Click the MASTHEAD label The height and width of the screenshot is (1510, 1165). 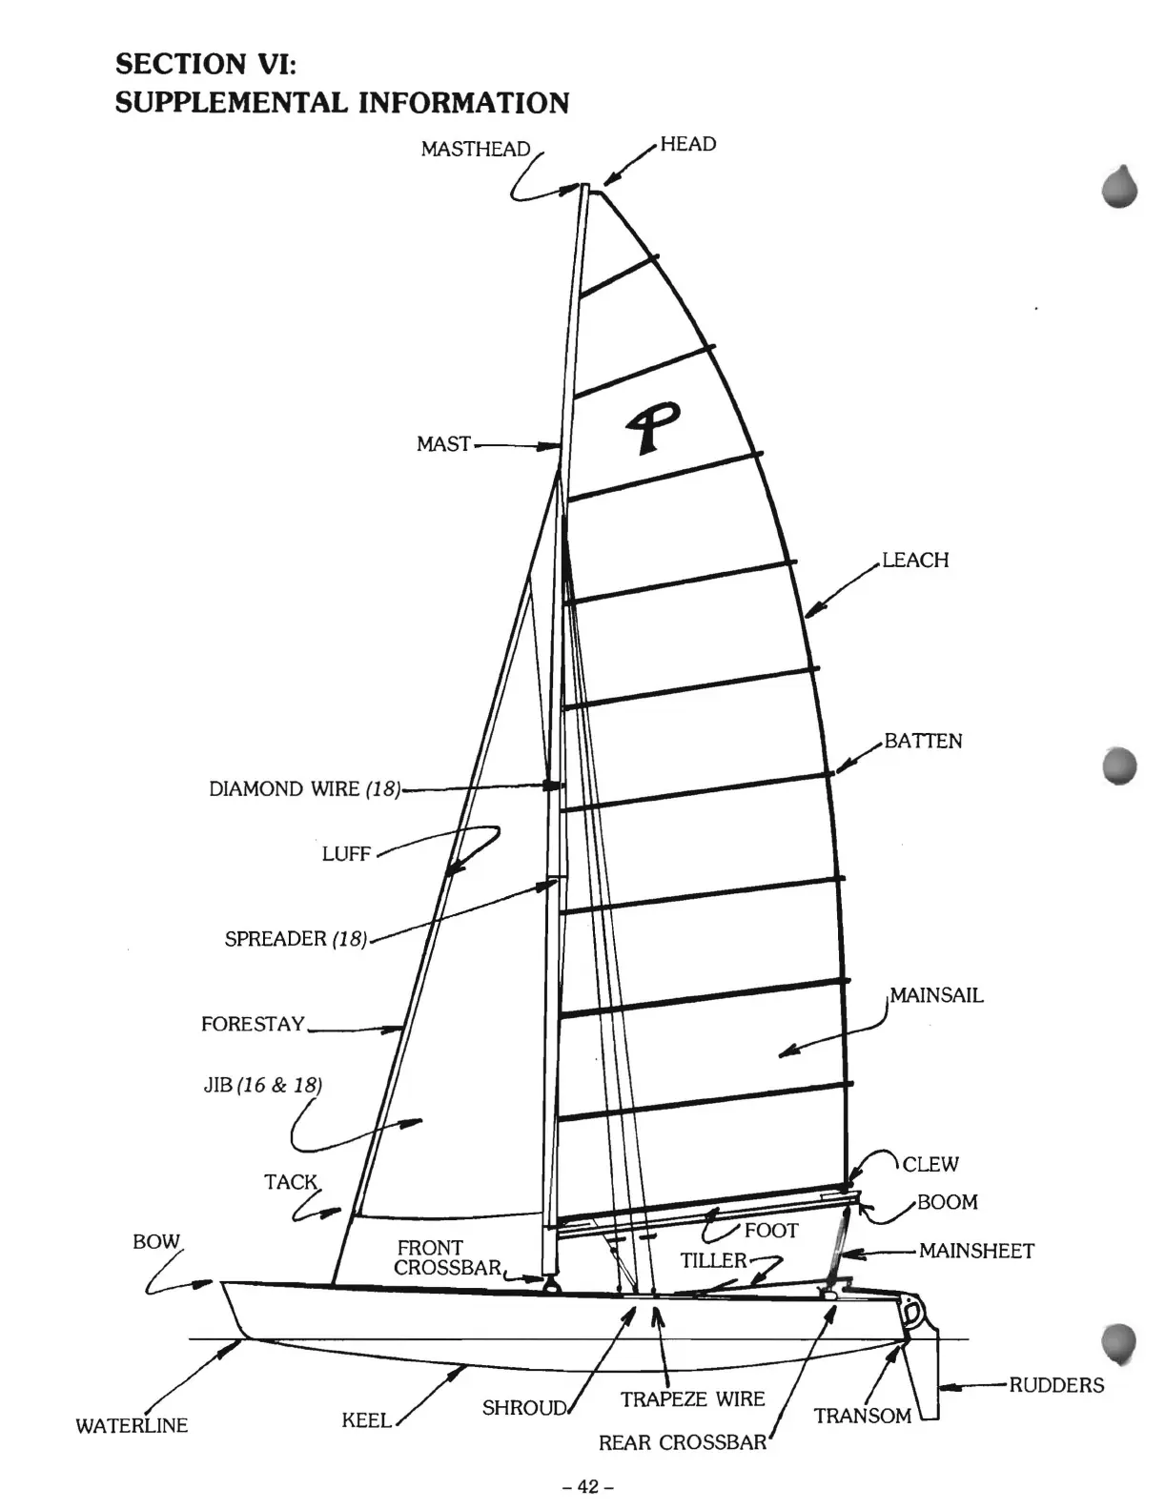475,149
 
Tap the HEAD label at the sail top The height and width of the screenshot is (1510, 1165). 687,144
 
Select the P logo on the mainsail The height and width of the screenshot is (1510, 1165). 652,425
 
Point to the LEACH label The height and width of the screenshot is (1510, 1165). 915,560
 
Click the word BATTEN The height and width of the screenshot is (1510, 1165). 923,741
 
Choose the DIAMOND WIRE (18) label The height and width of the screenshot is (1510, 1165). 304,789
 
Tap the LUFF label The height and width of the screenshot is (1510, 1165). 346,854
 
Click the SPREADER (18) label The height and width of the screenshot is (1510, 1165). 296,939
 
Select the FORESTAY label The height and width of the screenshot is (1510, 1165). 253,1025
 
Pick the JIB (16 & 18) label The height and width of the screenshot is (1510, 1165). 263,1085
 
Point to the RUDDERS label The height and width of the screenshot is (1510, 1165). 1056,1385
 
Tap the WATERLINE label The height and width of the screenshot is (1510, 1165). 132,1426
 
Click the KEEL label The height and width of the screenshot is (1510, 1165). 367,1420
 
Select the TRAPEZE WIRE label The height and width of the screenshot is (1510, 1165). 692,1399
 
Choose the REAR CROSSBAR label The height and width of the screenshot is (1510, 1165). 682,1443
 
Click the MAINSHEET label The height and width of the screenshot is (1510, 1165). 976,1251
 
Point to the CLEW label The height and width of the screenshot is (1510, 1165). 930,1164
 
